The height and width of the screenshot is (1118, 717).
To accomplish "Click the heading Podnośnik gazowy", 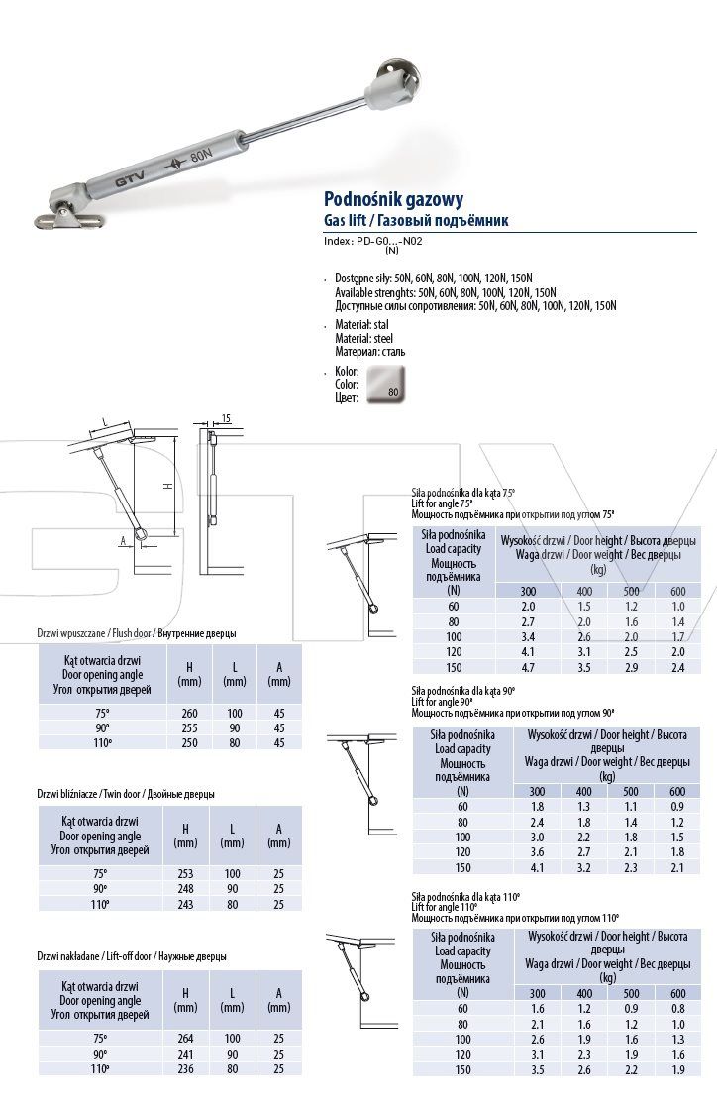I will pyautogui.click(x=393, y=199).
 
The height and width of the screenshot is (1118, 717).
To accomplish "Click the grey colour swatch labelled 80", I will pyautogui.click(x=385, y=383).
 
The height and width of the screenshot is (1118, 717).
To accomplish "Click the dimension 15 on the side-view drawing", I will pyautogui.click(x=227, y=420).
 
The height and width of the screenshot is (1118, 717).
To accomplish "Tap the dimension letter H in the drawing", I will pyautogui.click(x=168, y=486).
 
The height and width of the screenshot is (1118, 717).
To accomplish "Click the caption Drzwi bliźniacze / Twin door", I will pyautogui.click(x=126, y=794).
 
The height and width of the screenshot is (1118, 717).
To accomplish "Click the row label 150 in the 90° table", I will pyautogui.click(x=462, y=868).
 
